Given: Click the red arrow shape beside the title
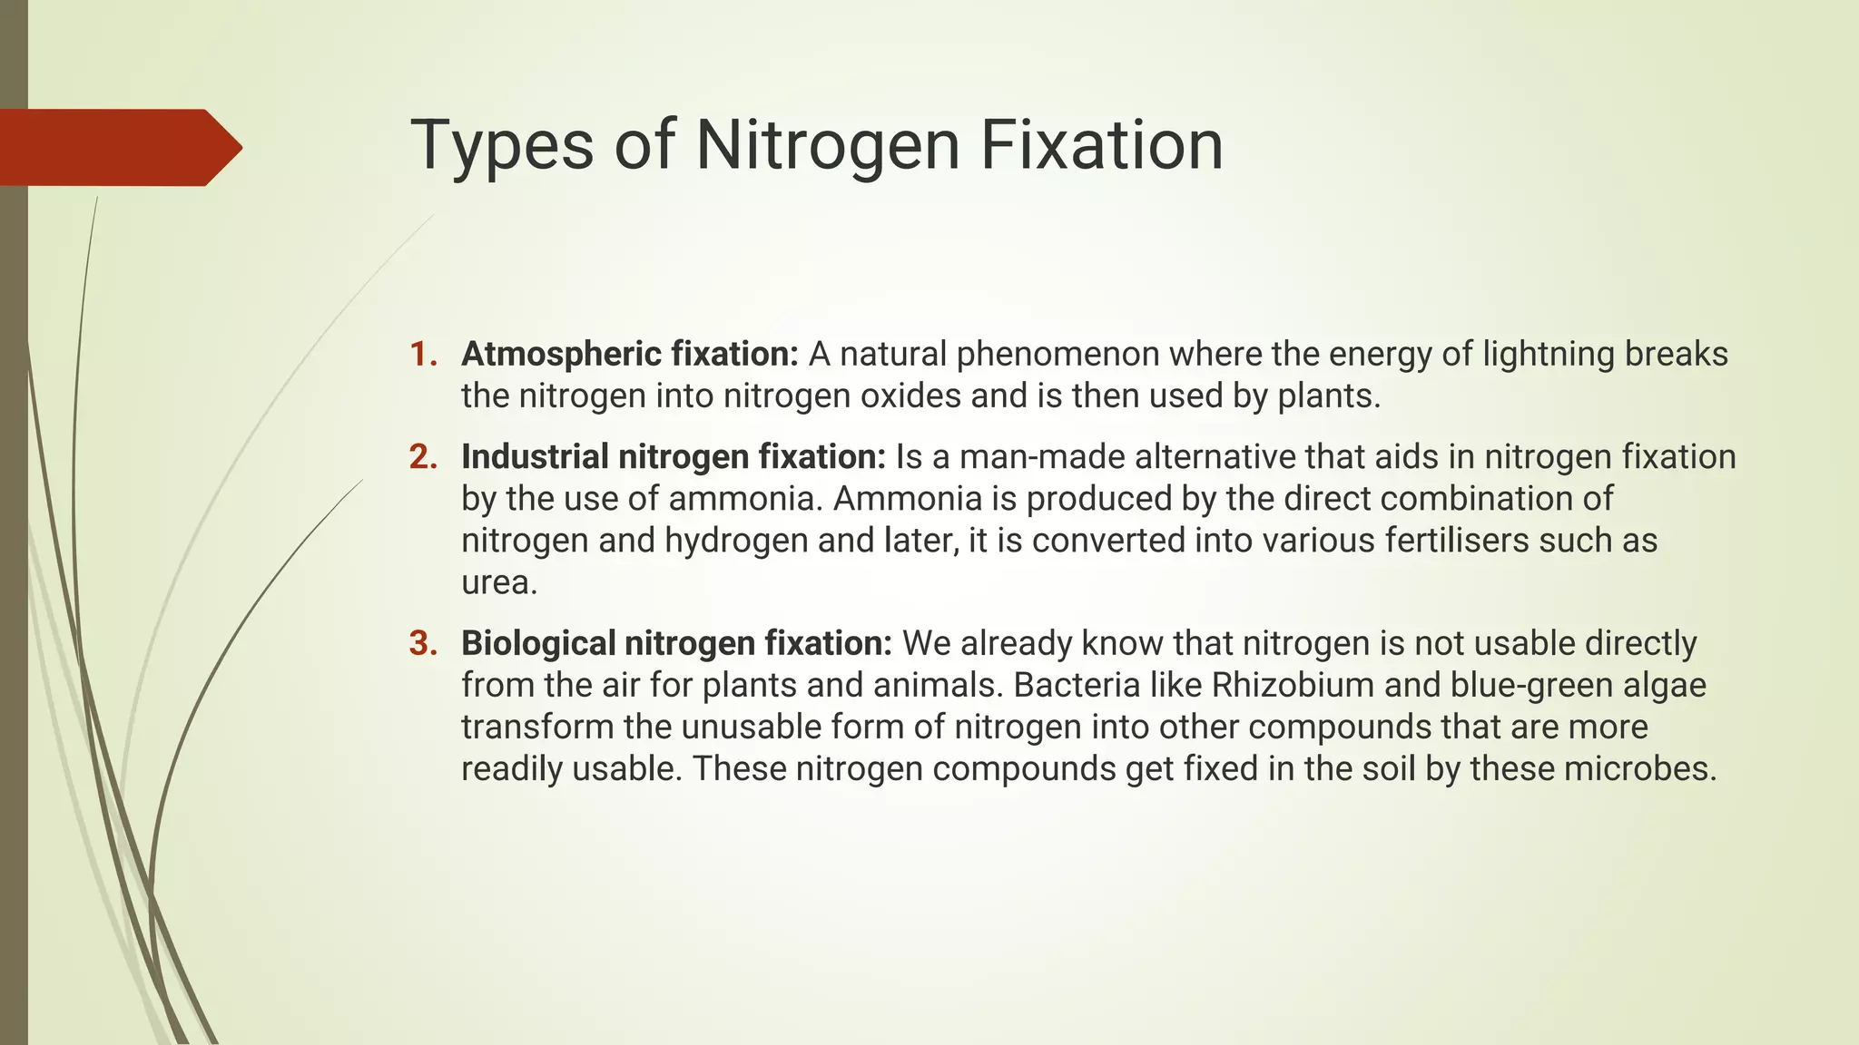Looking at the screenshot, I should [x=118, y=147].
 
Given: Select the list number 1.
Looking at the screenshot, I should [x=423, y=355].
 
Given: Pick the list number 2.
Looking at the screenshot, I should [x=423, y=457].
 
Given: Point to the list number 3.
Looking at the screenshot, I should [x=423, y=643].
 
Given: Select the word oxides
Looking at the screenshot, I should [x=910, y=396].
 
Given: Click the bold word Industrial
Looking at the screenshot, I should [x=535, y=457].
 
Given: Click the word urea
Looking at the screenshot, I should [x=498, y=582].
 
